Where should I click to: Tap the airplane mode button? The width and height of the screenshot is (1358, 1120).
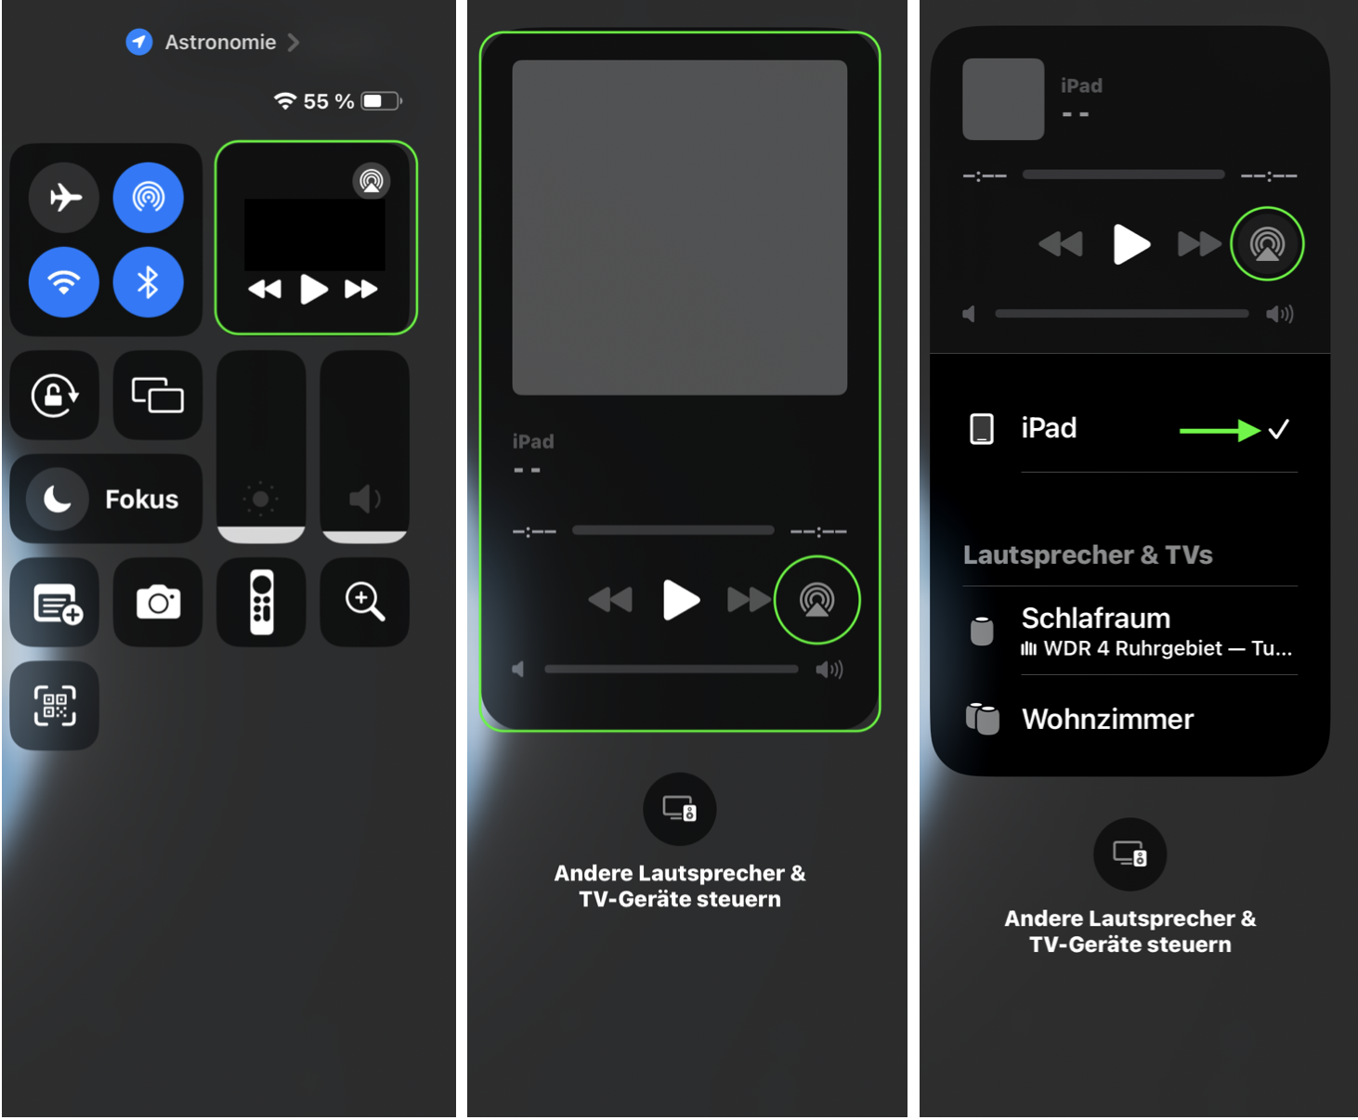64,197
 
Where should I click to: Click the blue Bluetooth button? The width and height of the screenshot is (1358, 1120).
149,281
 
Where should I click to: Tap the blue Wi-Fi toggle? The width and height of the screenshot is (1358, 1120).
64,281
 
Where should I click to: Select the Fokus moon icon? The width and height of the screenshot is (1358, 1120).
58,499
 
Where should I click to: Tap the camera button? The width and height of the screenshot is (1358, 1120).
158,603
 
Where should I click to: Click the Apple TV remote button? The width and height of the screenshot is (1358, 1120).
261,603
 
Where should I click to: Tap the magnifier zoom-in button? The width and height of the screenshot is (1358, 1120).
365,603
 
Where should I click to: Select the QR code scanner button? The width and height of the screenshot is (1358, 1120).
55,706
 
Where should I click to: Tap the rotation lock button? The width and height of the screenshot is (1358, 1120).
55,395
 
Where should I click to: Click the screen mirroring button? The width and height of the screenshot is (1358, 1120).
158,395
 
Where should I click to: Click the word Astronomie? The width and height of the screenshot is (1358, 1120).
220,43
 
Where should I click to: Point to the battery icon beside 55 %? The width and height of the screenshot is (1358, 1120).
382,101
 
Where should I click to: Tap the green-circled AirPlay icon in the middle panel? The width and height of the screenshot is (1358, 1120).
816,600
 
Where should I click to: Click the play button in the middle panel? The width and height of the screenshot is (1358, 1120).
680,600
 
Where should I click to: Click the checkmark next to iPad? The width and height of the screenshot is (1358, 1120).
1279,429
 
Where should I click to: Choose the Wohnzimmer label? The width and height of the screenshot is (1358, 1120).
1107,720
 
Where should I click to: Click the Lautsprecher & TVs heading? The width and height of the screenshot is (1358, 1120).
1088,554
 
